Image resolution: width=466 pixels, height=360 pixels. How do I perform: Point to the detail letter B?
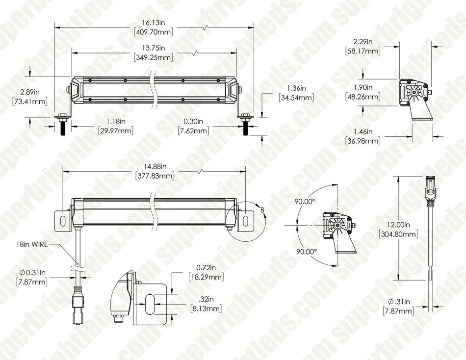[x=262, y=210]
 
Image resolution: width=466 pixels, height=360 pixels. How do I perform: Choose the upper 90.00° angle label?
[x=304, y=201]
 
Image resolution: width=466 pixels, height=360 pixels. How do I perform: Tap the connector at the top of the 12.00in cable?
[x=430, y=187]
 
